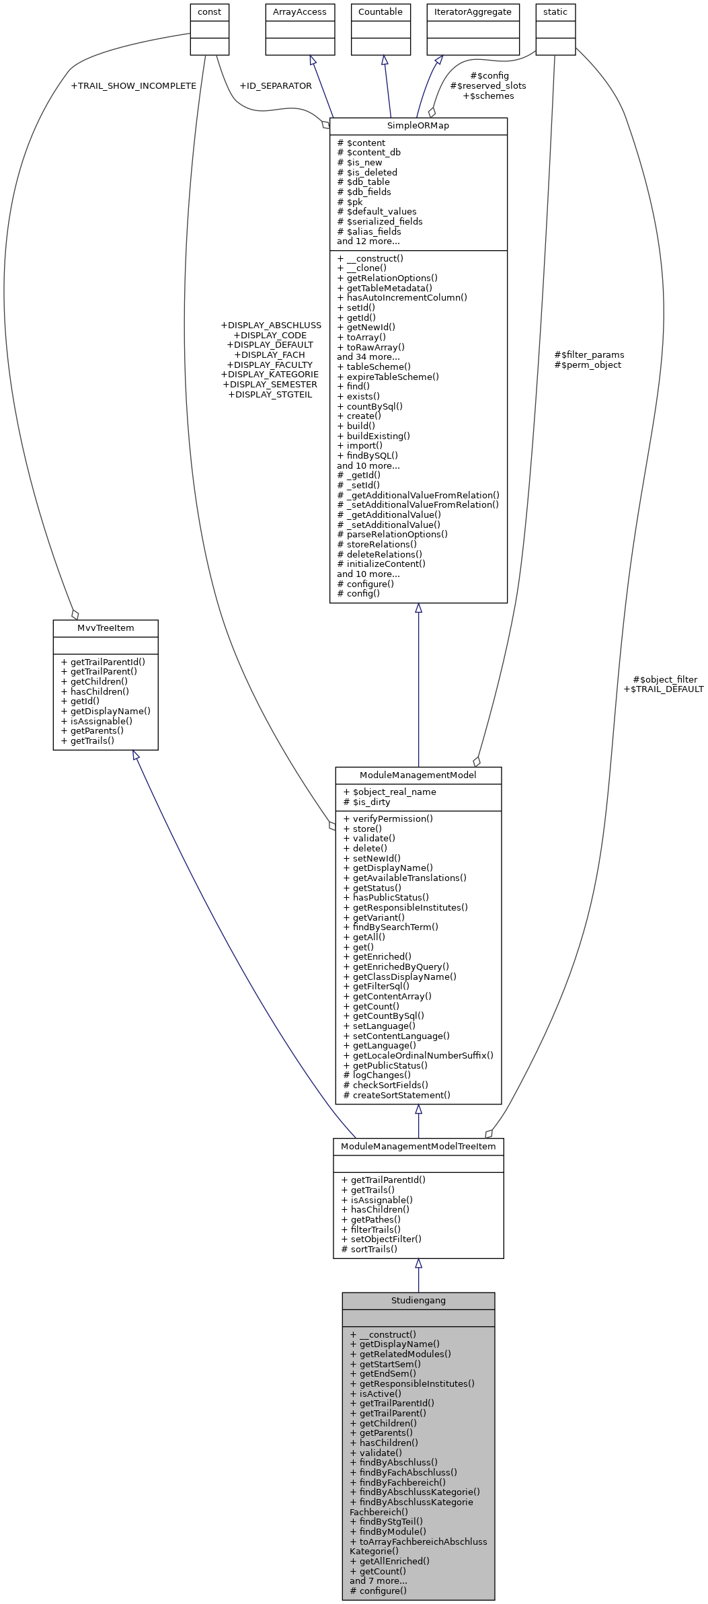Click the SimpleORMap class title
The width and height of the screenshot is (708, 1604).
click(x=418, y=126)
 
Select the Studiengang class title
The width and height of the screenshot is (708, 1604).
click(x=418, y=1300)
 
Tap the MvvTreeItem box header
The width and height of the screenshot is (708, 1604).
click(x=106, y=627)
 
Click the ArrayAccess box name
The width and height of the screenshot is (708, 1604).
click(x=300, y=11)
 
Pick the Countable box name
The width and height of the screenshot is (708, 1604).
click(x=380, y=11)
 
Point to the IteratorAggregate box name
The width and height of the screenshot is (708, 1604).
click(x=472, y=11)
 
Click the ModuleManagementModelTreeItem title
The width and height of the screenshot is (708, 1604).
click(x=418, y=1146)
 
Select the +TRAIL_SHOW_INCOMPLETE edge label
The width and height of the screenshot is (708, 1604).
click(x=133, y=85)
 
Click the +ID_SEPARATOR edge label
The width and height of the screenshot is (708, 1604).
click(x=275, y=85)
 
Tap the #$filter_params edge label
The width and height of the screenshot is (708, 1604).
click(x=589, y=354)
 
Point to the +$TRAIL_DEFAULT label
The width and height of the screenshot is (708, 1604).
click(x=663, y=689)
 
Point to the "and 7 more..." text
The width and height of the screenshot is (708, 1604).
click(x=379, y=1580)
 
